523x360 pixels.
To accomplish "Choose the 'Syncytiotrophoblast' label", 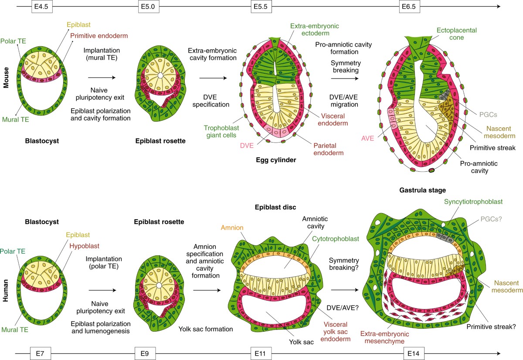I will (x=474, y=201).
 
